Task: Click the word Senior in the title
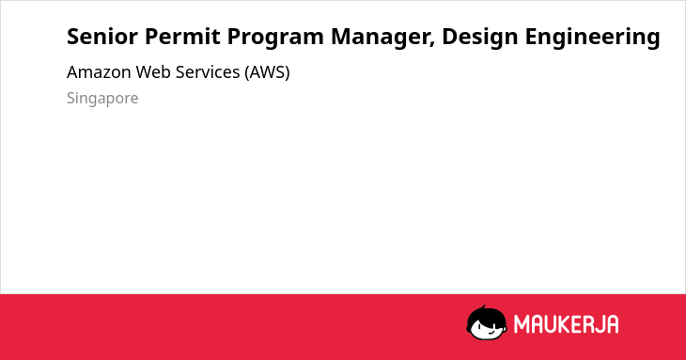(102, 37)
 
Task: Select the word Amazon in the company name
(99, 72)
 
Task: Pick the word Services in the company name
(208, 72)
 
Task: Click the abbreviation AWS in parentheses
(267, 72)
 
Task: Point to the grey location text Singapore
(102, 99)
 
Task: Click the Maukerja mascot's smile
(491, 332)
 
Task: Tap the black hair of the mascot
(486, 317)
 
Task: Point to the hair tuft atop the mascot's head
(483, 307)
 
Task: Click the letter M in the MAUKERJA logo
(522, 324)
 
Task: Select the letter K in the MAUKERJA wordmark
(562, 324)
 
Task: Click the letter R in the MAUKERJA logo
(587, 324)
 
